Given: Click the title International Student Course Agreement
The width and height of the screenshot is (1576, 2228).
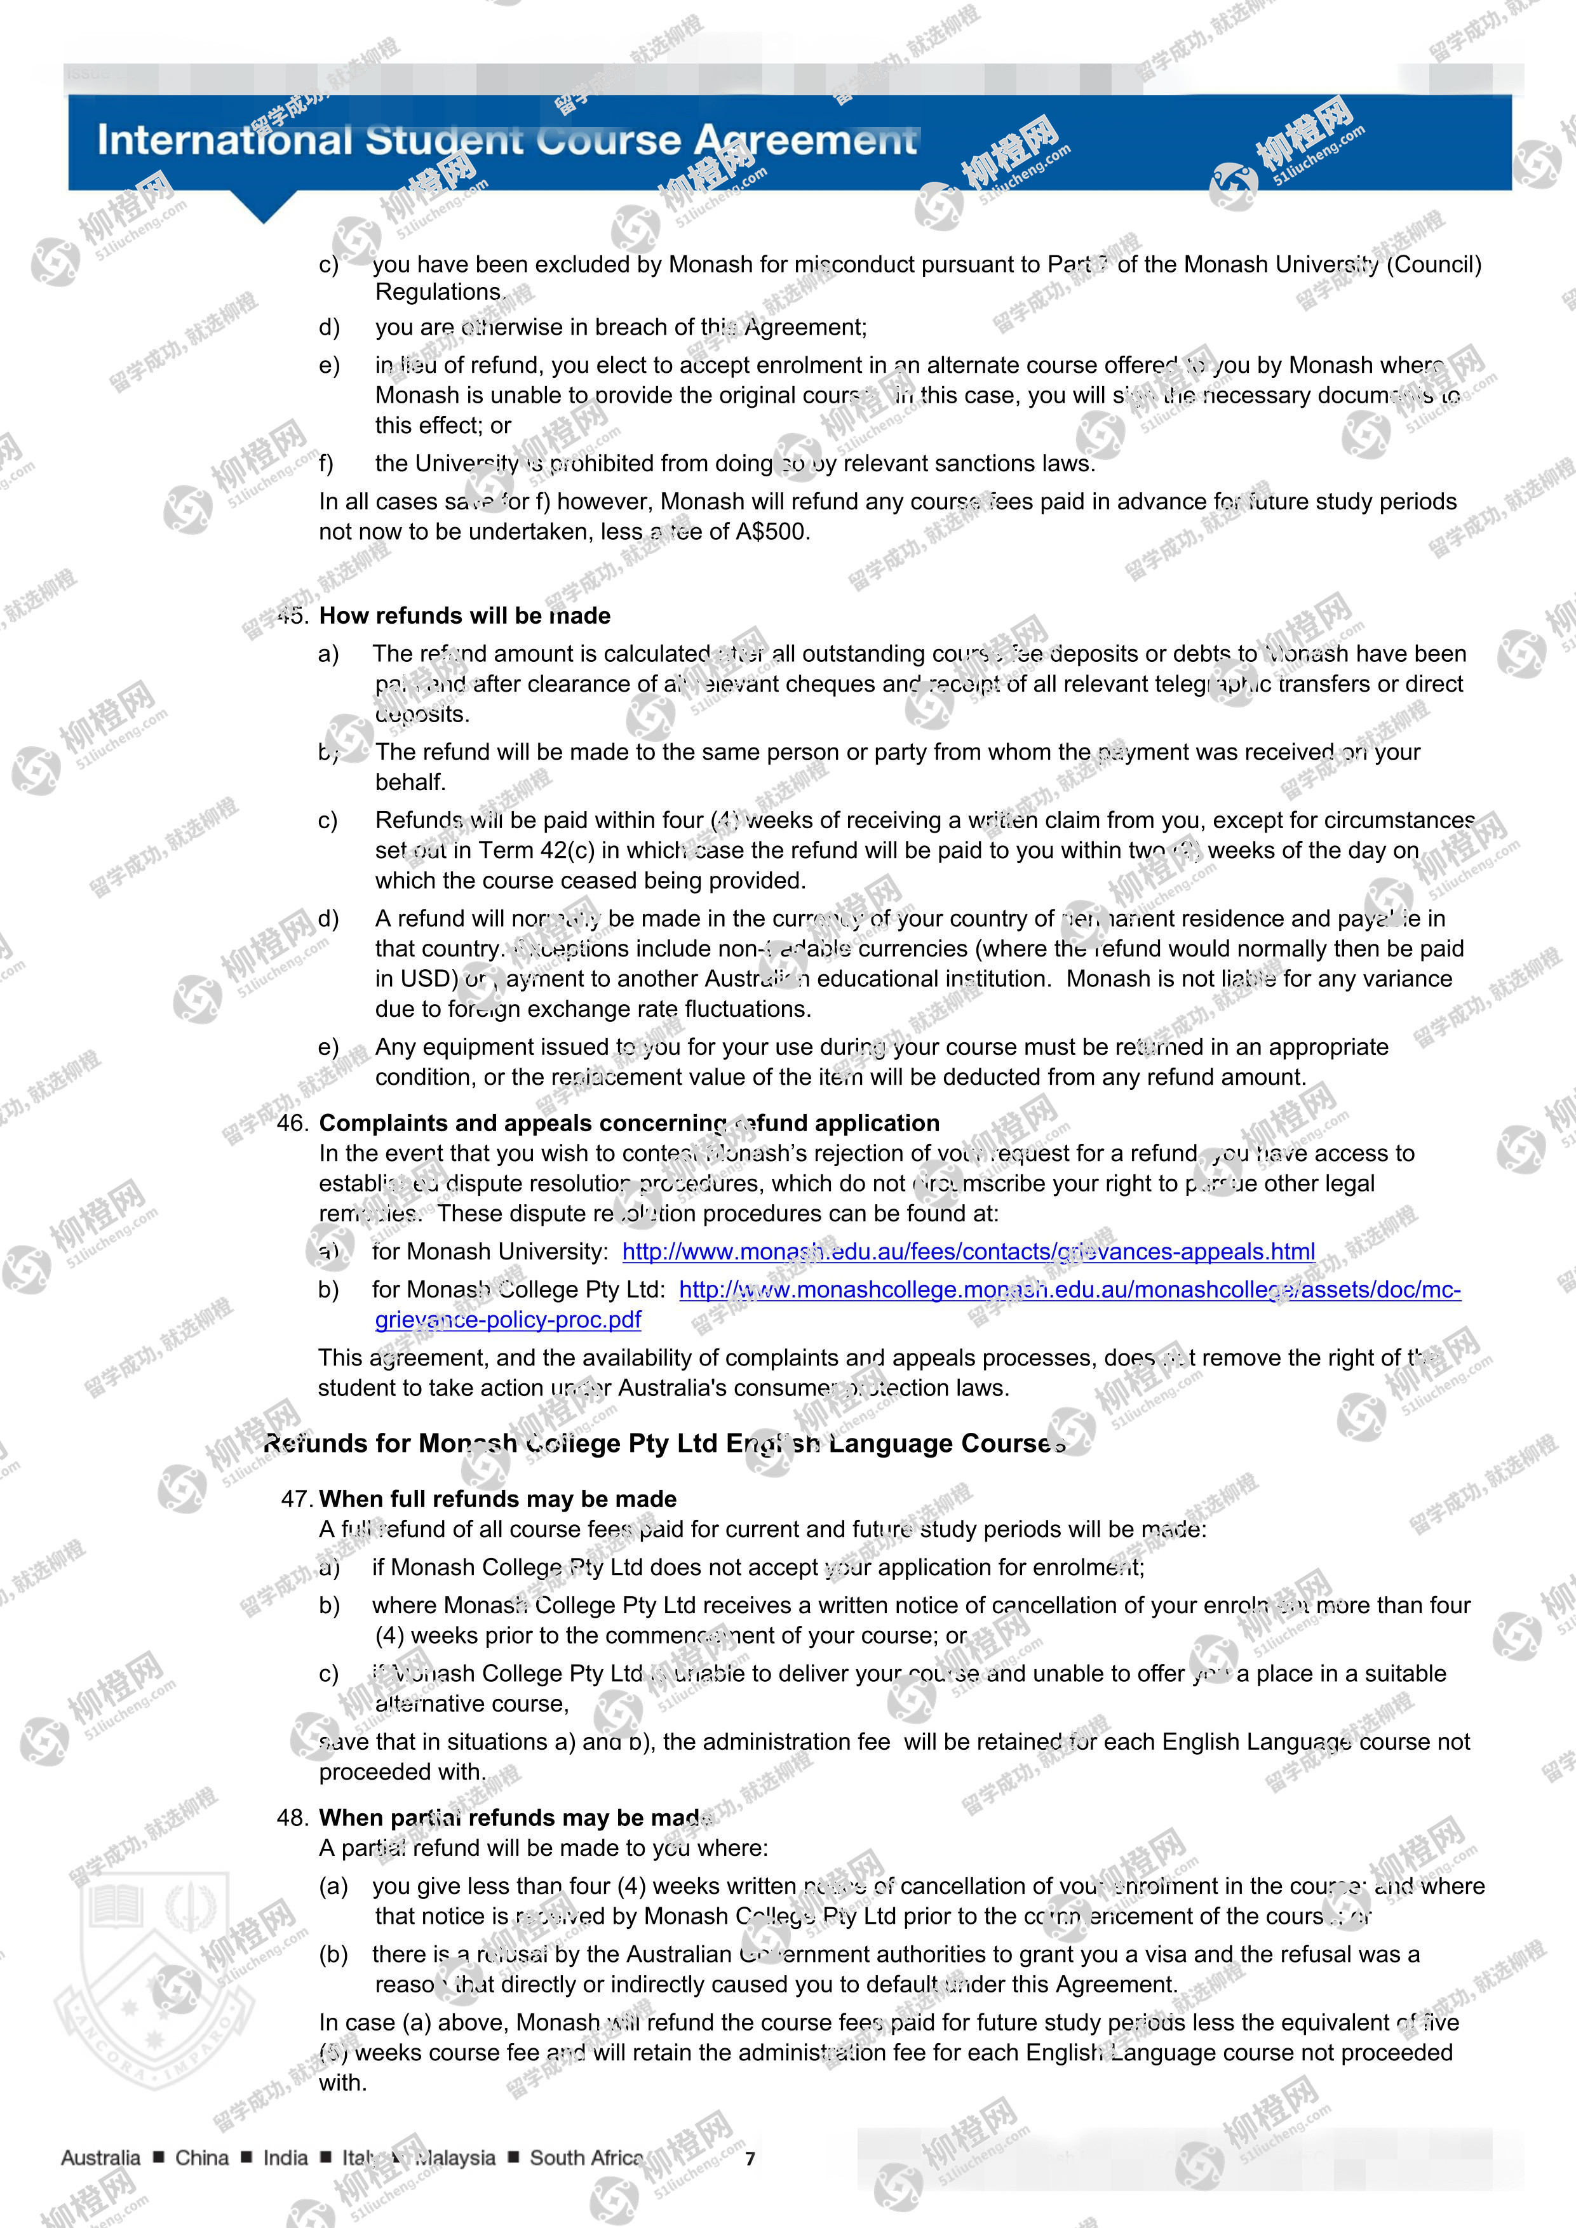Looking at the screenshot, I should (x=506, y=141).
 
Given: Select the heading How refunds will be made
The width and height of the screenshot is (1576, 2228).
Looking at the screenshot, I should (x=465, y=616).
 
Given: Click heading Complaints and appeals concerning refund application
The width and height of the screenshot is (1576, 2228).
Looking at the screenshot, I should (x=629, y=1123).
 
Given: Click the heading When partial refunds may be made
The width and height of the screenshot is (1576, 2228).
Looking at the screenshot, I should (x=516, y=1818).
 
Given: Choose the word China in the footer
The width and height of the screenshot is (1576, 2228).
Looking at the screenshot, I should (x=202, y=2158).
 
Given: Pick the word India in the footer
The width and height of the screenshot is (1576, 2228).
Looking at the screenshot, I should (x=285, y=2158).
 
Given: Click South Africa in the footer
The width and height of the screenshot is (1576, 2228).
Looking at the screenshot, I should (x=586, y=2158).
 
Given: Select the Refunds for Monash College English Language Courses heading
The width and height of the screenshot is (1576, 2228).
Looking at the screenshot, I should (x=664, y=1444).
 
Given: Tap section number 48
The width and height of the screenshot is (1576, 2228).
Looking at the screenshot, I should (x=292, y=1818).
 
